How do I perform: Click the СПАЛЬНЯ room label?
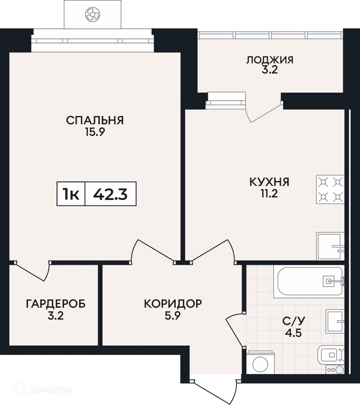click(95, 120)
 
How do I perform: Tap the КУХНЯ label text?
click(269, 182)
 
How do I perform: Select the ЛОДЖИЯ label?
click(270, 60)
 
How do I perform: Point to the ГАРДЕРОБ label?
click(55, 304)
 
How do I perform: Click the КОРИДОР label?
click(173, 304)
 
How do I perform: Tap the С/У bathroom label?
click(294, 321)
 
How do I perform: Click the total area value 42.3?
click(110, 194)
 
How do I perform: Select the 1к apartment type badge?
click(71, 194)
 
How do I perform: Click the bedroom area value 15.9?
click(95, 132)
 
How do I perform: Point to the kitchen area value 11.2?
click(269, 193)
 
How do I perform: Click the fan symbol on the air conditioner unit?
click(93, 14)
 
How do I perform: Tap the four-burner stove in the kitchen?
click(330, 190)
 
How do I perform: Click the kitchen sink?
click(330, 246)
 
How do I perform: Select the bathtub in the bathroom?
click(311, 281)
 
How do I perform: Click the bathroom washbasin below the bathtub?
click(335, 322)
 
